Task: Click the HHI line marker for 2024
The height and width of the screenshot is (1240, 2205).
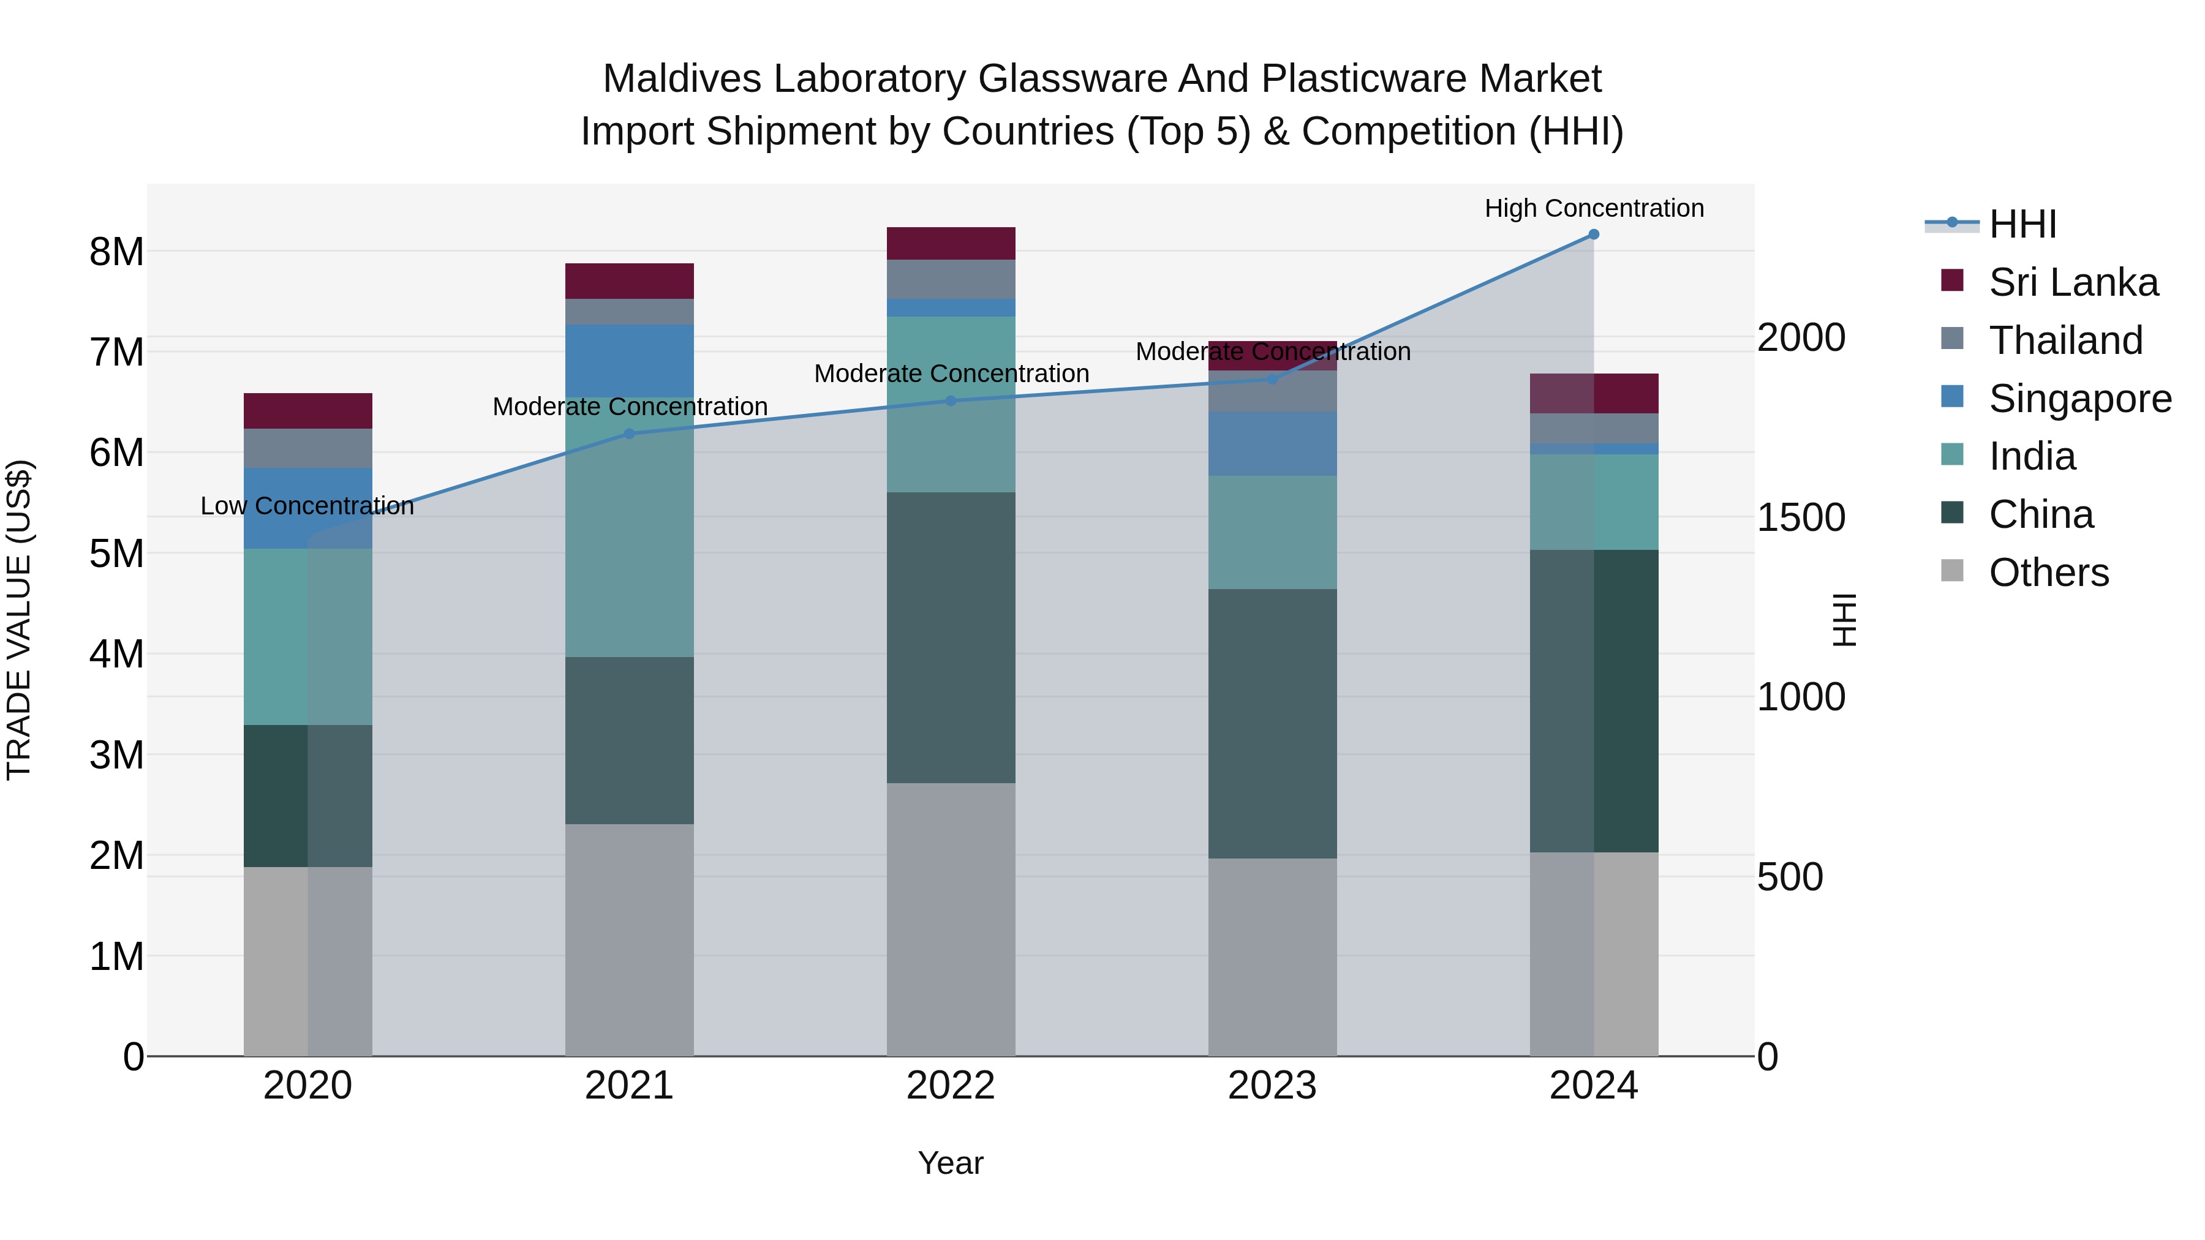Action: point(1593,234)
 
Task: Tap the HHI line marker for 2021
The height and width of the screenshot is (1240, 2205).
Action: point(629,434)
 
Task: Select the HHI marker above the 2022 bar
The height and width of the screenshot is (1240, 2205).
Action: point(950,400)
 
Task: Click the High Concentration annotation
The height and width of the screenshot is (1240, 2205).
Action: point(1593,208)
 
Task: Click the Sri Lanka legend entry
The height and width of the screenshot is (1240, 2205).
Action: point(2072,282)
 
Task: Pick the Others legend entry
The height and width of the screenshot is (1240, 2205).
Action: point(2048,573)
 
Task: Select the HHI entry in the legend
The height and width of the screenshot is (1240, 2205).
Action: point(2022,224)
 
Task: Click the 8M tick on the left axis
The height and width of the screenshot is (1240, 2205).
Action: point(116,252)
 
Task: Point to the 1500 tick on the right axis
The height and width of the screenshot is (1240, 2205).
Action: point(1801,517)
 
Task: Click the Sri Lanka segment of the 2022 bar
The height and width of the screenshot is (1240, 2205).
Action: point(950,243)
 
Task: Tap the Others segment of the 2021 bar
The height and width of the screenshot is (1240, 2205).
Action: point(629,939)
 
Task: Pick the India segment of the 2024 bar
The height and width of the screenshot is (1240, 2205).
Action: point(1593,502)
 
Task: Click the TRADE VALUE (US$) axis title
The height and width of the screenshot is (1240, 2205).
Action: point(19,620)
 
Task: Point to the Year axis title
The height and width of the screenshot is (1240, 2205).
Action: point(950,1163)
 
